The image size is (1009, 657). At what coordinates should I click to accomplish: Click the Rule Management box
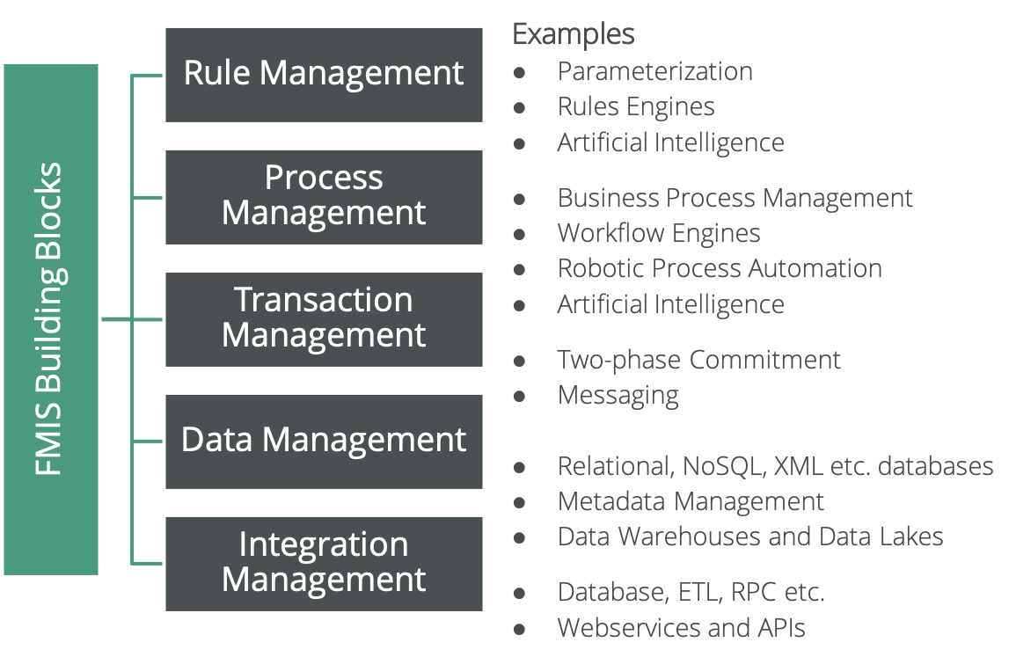pyautogui.click(x=324, y=74)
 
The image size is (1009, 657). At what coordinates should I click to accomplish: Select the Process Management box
pyautogui.click(x=324, y=196)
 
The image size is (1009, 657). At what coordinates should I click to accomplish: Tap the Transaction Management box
pyautogui.click(x=324, y=318)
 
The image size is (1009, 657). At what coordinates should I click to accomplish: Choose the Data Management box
pyautogui.click(x=324, y=441)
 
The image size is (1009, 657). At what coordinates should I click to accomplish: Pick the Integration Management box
pyautogui.click(x=324, y=563)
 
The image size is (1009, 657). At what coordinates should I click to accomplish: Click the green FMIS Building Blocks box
pyautogui.click(x=50, y=319)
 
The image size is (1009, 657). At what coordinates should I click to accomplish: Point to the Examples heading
pyautogui.click(x=574, y=35)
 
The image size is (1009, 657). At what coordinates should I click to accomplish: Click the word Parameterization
pyautogui.click(x=654, y=71)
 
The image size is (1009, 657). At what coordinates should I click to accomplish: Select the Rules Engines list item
pyautogui.click(x=635, y=107)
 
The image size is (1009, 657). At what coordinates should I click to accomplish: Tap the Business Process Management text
pyautogui.click(x=735, y=198)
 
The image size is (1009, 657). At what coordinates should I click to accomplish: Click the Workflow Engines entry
pyautogui.click(x=658, y=233)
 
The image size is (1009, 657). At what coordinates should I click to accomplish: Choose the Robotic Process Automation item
pyautogui.click(x=719, y=268)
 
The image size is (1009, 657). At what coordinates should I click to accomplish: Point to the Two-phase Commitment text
pyautogui.click(x=698, y=360)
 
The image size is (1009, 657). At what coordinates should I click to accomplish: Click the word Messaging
pyautogui.click(x=618, y=395)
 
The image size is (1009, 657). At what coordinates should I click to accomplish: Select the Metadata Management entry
pyautogui.click(x=691, y=501)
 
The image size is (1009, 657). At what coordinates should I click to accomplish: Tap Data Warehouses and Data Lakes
pyautogui.click(x=749, y=537)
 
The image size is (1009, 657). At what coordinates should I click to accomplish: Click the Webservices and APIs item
pyautogui.click(x=681, y=628)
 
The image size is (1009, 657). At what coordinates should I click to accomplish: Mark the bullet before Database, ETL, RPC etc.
pyautogui.click(x=520, y=593)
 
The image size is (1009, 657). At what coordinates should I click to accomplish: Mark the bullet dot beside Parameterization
pyautogui.click(x=520, y=72)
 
